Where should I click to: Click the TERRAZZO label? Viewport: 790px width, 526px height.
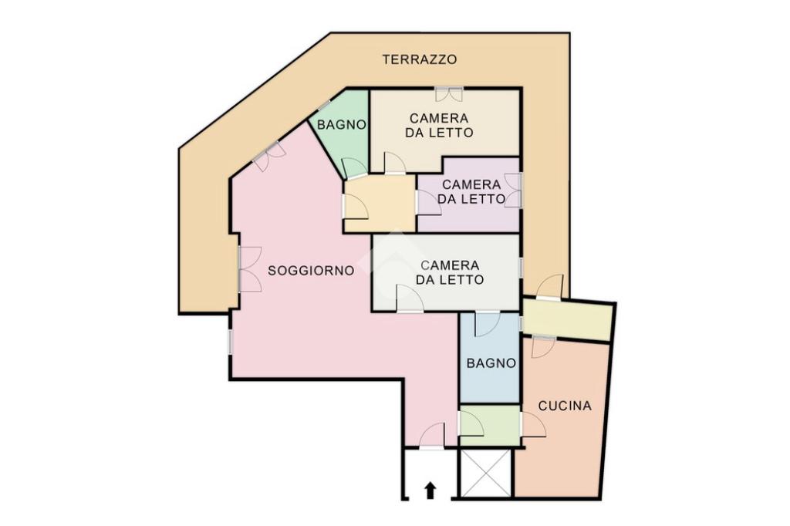click(x=420, y=59)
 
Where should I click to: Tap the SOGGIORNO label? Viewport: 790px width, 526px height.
click(x=311, y=271)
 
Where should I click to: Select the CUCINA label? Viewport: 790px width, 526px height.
click(x=565, y=406)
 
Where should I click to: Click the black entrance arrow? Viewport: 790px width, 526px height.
click(x=430, y=491)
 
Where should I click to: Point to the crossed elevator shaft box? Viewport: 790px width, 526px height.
click(x=486, y=474)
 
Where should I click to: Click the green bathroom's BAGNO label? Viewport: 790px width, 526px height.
click(x=341, y=125)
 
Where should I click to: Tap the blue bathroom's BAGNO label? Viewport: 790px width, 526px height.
click(x=491, y=363)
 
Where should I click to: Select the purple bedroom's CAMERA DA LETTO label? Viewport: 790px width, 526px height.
click(x=471, y=192)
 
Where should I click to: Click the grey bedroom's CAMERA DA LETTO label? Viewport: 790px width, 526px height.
click(x=450, y=272)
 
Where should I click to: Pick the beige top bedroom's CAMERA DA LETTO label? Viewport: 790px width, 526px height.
click(x=439, y=126)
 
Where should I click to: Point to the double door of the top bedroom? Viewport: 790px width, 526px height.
click(x=449, y=94)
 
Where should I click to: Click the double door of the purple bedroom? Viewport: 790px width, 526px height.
click(x=513, y=190)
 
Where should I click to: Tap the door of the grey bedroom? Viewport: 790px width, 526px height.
click(x=410, y=298)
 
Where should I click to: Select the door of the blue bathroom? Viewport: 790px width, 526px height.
click(x=488, y=323)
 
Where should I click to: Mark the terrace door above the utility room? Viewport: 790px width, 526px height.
click(x=549, y=287)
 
